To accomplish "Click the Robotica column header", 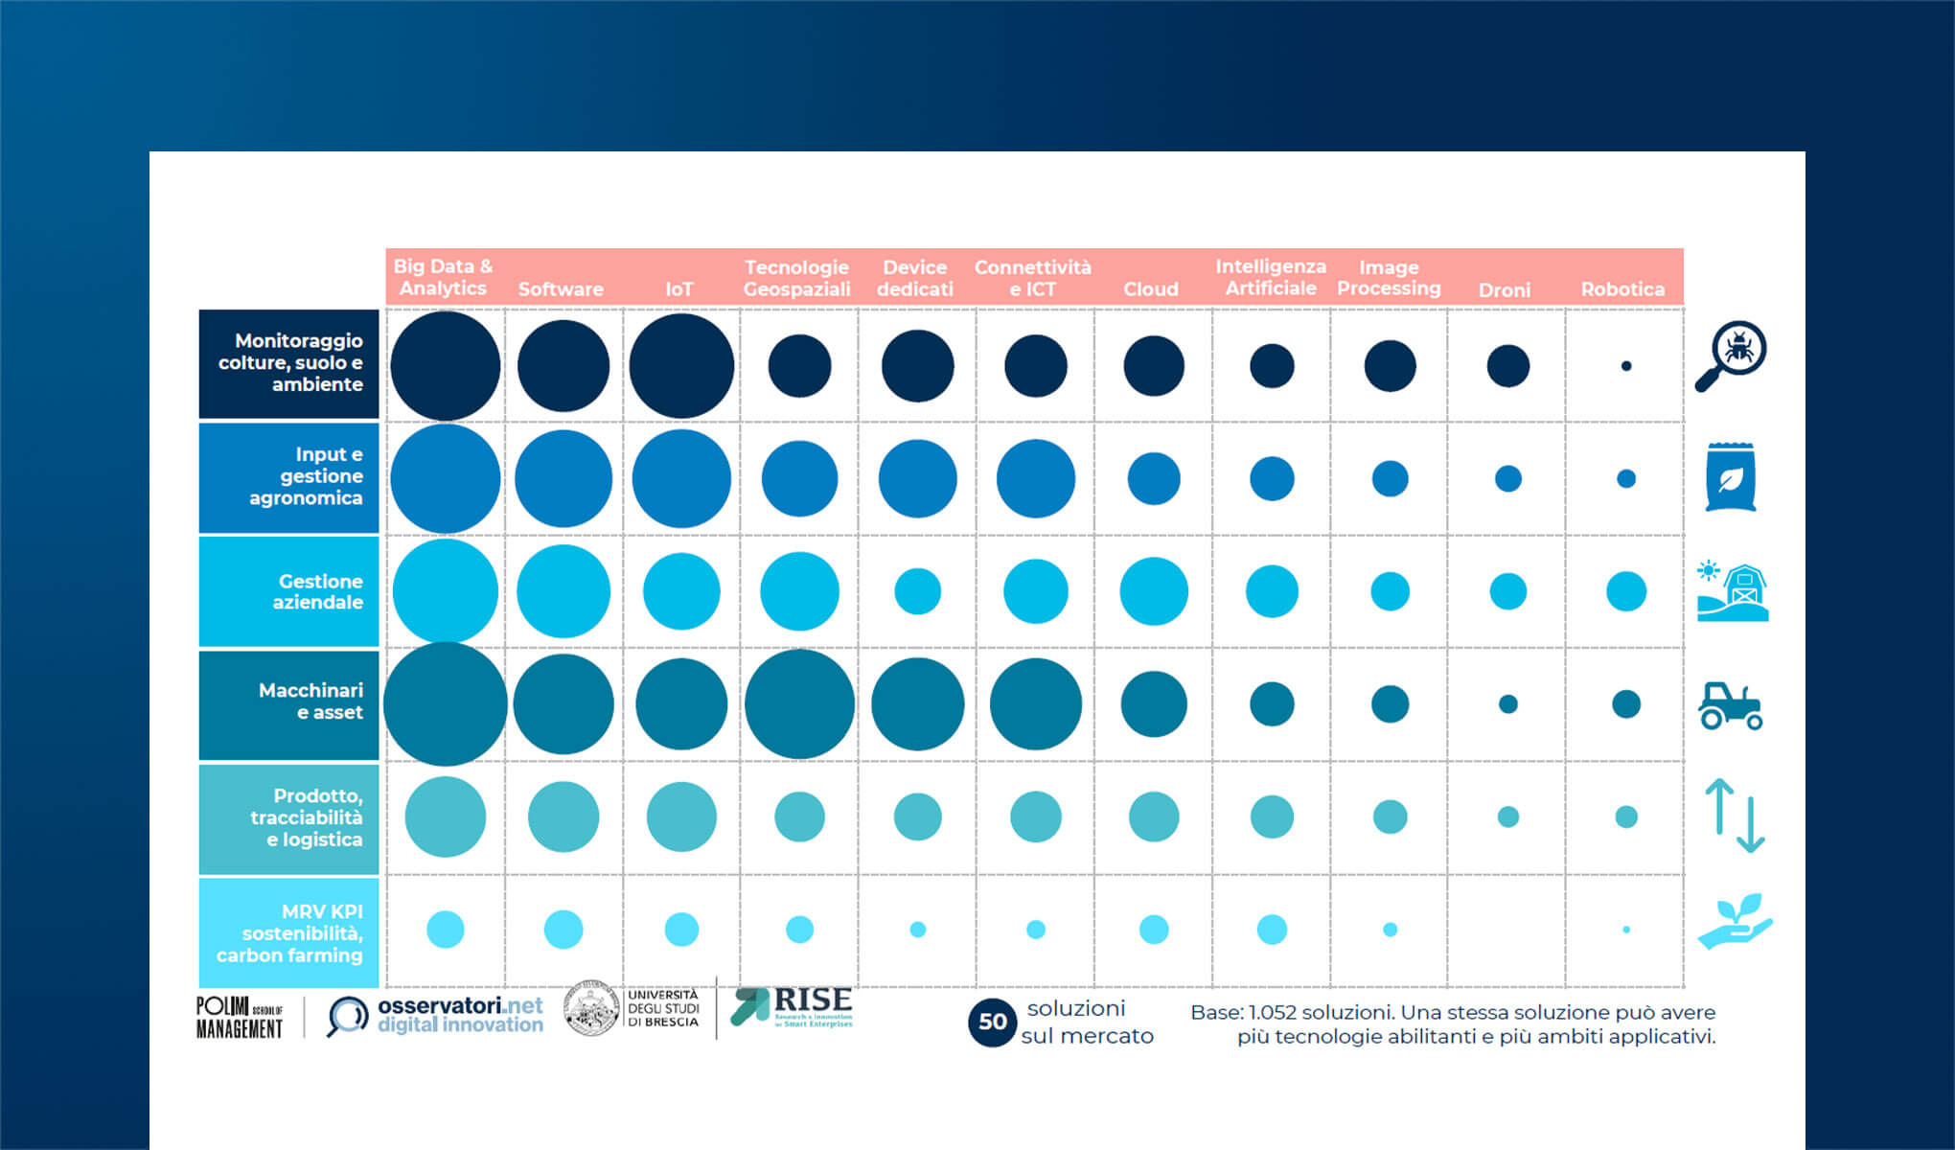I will pyautogui.click(x=1622, y=288).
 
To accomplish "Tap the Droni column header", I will pyautogui.click(x=1505, y=289).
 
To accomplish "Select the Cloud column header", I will pyautogui.click(x=1151, y=288).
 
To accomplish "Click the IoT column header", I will pyautogui.click(x=679, y=288).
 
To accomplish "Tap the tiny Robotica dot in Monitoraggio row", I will pyautogui.click(x=1626, y=366).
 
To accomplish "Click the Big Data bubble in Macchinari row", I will pyautogui.click(x=446, y=704).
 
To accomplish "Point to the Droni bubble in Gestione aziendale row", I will pyautogui.click(x=1508, y=591).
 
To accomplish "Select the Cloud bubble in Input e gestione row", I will pyautogui.click(x=1154, y=478).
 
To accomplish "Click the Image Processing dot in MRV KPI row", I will pyautogui.click(x=1391, y=930).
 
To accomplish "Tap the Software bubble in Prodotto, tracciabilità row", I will pyautogui.click(x=563, y=816).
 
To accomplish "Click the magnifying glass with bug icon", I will pyautogui.click(x=1733, y=355).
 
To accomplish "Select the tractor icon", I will pyautogui.click(x=1731, y=706).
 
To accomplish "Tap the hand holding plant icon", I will pyautogui.click(x=1735, y=922).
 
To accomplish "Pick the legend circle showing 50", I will pyautogui.click(x=992, y=1023).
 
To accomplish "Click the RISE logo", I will pyautogui.click(x=793, y=1008).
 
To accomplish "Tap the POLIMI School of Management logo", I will pyautogui.click(x=240, y=1018).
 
